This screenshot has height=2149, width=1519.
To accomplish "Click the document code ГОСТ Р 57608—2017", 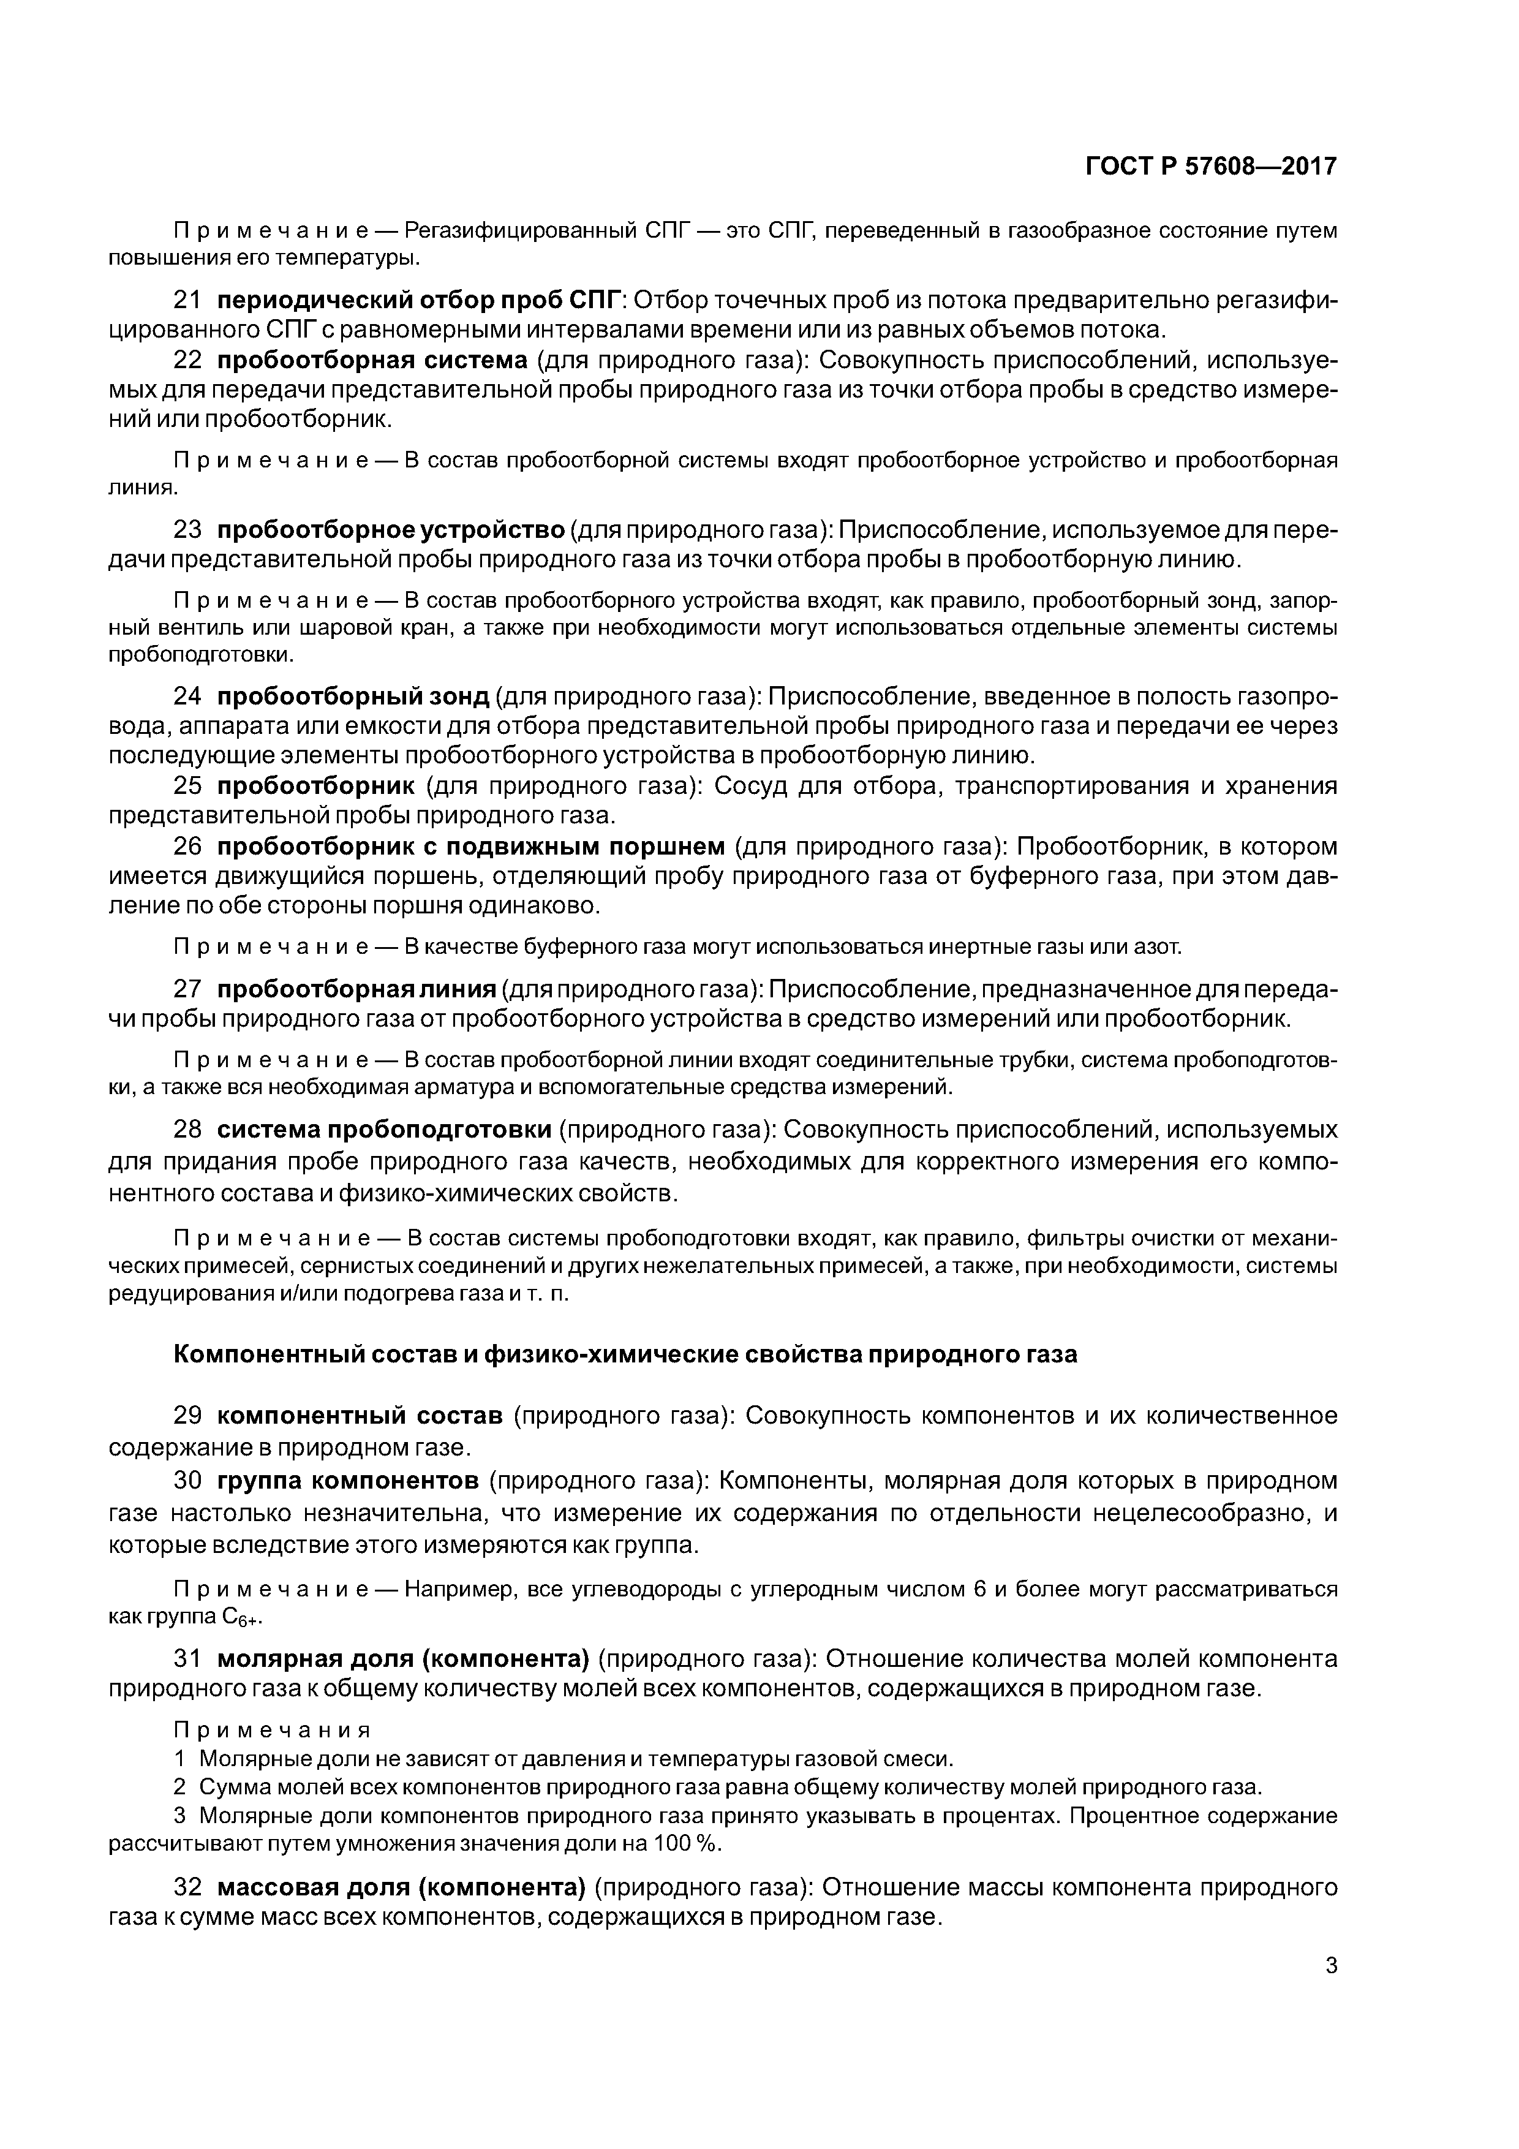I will click(1211, 167).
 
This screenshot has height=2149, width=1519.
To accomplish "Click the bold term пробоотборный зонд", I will click(353, 697).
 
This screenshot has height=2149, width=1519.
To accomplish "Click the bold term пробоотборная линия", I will click(356, 989).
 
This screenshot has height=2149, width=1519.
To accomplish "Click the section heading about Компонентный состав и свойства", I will click(625, 1354).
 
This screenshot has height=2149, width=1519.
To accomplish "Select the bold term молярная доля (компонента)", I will click(402, 1658).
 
